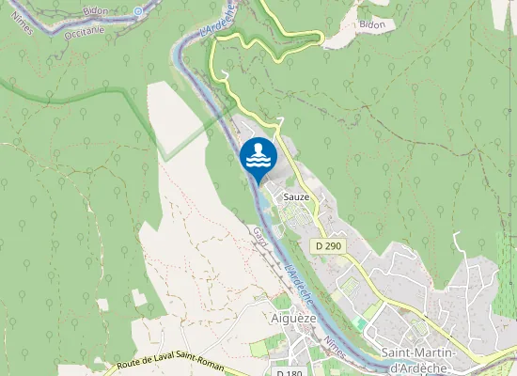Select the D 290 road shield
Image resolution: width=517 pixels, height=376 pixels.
pos(329,246)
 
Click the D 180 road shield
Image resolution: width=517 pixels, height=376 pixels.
pos(290,372)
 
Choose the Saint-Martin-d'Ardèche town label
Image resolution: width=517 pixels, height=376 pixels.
pos(419,360)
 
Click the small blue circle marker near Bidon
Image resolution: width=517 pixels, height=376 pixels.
pos(138,11)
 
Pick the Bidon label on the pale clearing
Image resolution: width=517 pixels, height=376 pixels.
pos(372,24)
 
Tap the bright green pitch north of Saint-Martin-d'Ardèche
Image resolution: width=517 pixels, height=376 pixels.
pos(361,323)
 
